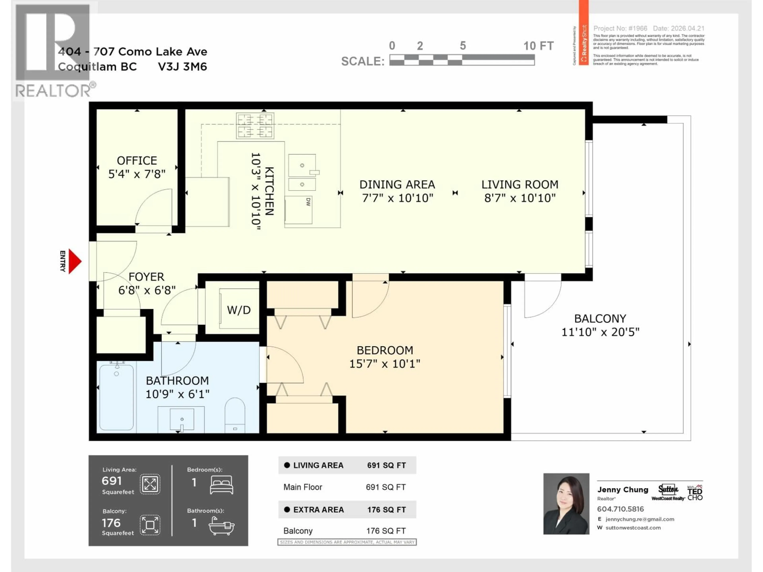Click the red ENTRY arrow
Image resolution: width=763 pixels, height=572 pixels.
[x=75, y=261]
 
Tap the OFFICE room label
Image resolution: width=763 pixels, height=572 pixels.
[x=137, y=161]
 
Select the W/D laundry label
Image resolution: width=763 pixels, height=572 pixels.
[x=239, y=310]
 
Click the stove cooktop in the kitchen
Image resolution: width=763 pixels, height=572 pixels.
[x=255, y=126]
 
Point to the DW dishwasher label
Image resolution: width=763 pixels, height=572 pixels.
[x=308, y=202]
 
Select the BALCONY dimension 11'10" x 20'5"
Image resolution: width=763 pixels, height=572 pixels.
[x=600, y=332]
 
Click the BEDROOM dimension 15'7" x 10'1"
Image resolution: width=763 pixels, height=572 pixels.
[x=385, y=364]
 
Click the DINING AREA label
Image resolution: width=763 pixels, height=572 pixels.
[x=397, y=185]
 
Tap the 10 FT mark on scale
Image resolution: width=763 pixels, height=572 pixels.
[x=538, y=46]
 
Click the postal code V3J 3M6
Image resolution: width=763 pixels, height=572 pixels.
[x=182, y=67]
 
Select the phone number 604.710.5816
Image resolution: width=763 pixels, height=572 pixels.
[x=620, y=509]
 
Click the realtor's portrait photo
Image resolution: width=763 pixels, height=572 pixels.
[x=566, y=504]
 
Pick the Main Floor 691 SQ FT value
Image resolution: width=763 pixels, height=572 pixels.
[x=386, y=487]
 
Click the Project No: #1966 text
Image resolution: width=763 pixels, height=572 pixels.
[x=620, y=28]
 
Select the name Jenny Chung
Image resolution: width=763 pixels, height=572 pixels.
[x=623, y=490]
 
